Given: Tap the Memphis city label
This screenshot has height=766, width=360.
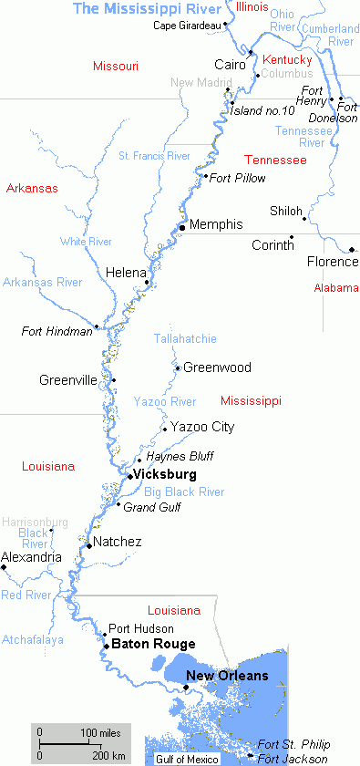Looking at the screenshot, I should pyautogui.click(x=216, y=224).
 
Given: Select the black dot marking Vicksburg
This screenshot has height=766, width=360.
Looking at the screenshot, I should pyautogui.click(x=129, y=476).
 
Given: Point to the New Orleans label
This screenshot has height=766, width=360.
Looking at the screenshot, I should pyautogui.click(x=227, y=676).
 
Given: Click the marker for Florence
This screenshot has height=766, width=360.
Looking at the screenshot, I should pyautogui.click(x=352, y=249).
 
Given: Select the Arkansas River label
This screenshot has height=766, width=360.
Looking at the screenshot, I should pyautogui.click(x=42, y=283).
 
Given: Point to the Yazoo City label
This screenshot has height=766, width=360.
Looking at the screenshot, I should pyautogui.click(x=202, y=427).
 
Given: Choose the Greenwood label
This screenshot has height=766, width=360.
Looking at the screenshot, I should pyautogui.click(x=217, y=367).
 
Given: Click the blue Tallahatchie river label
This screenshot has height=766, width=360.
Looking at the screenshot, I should pyautogui.click(x=185, y=339).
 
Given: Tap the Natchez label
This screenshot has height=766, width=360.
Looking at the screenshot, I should pyautogui.click(x=118, y=542).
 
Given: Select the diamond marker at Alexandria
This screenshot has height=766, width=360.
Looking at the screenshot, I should pyautogui.click(x=4, y=567).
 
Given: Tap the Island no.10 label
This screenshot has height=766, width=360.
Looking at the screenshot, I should pyautogui.click(x=262, y=110).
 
